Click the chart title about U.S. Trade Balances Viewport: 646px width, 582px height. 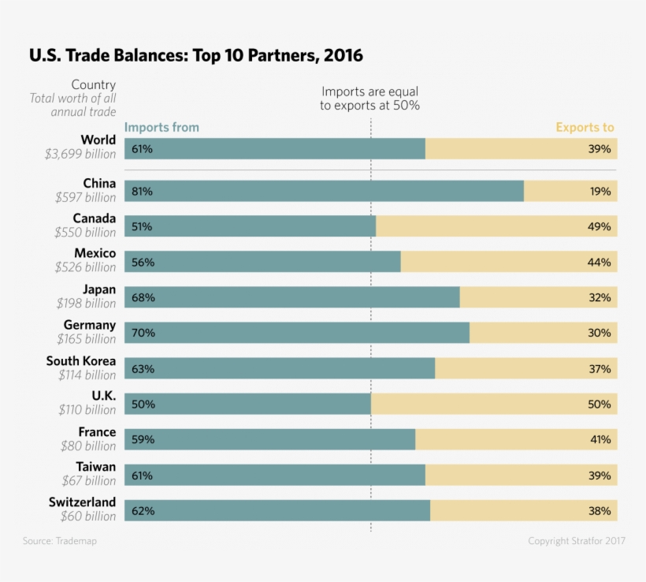click(x=196, y=56)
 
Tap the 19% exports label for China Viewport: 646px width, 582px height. click(x=600, y=191)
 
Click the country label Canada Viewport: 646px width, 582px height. click(x=94, y=218)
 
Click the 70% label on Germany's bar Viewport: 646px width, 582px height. click(x=143, y=333)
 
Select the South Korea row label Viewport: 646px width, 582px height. click(x=80, y=361)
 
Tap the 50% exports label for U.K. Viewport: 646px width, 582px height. click(x=599, y=404)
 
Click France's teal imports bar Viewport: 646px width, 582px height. click(x=276, y=439)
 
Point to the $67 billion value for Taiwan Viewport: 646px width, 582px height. click(x=88, y=480)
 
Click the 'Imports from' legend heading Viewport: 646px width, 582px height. click(x=161, y=127)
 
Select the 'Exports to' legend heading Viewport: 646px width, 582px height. click(x=585, y=127)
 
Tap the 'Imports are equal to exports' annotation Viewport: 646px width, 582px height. click(x=369, y=99)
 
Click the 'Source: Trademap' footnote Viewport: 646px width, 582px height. click(x=59, y=541)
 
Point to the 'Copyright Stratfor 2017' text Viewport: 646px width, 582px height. click(x=577, y=541)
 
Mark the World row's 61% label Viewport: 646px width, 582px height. click(x=142, y=148)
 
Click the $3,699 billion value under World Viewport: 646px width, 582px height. click(x=80, y=155)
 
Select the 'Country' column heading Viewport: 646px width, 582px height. click(x=93, y=84)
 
